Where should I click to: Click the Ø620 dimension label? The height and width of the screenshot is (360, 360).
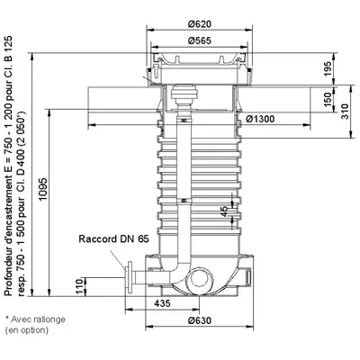(x=200, y=24)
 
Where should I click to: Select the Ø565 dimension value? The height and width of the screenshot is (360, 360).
(x=200, y=40)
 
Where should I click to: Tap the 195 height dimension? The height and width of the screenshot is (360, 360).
(x=328, y=68)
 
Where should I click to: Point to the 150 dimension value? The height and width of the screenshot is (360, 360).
(x=328, y=99)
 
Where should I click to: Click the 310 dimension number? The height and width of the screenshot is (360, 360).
(x=346, y=112)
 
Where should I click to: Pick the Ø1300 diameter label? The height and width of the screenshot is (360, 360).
(x=260, y=119)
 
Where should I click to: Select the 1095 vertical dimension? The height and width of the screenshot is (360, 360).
(x=43, y=190)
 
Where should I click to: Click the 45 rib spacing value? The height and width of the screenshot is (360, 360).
(x=224, y=211)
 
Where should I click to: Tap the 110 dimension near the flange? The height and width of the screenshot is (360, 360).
(x=78, y=286)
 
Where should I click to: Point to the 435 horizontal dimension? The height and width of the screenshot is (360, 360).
(x=162, y=303)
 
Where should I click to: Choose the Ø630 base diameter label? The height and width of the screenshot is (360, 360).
(x=200, y=320)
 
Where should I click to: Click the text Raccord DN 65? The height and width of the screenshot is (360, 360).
(x=113, y=238)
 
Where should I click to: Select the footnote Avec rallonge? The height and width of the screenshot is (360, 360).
(x=38, y=319)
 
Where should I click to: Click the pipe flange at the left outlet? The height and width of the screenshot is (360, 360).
(x=130, y=277)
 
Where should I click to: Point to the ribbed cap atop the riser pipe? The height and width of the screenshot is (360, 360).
(x=184, y=93)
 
